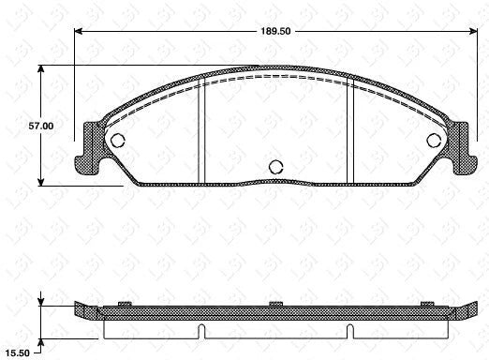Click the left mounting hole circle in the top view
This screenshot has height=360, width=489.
click(x=118, y=141)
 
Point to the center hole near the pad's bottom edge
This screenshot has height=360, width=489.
click(x=275, y=167)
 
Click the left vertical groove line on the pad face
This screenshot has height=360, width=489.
click(x=202, y=131)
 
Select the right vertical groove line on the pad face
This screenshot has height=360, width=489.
click(x=348, y=131)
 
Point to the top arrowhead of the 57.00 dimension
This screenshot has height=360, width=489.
click(x=40, y=68)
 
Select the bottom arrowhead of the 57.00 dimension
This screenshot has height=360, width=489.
click(x=40, y=182)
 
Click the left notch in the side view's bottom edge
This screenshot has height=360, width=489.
click(x=202, y=329)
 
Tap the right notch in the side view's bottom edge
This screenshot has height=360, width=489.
click(x=348, y=329)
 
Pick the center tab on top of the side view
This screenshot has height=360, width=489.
click(x=275, y=303)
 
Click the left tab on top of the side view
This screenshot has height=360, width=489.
click(x=124, y=303)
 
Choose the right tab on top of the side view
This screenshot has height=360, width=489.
click(x=427, y=303)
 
